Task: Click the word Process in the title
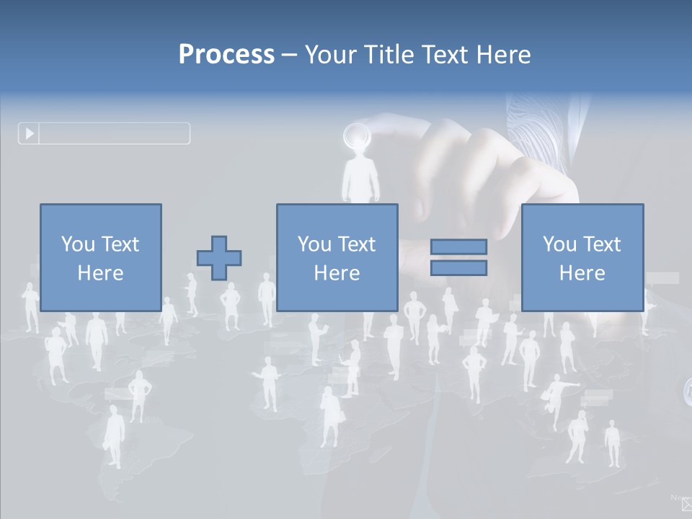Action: (x=226, y=55)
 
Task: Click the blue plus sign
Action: (x=219, y=258)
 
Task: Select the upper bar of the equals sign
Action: (x=458, y=247)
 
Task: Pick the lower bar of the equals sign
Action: (x=458, y=268)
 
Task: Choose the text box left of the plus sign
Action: (x=100, y=257)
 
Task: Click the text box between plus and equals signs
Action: (x=337, y=257)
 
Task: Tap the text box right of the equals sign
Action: (x=582, y=257)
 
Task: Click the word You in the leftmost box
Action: (x=76, y=244)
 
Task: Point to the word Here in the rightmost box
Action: (x=582, y=273)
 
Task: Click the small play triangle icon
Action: (x=30, y=133)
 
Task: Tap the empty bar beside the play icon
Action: (x=114, y=133)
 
